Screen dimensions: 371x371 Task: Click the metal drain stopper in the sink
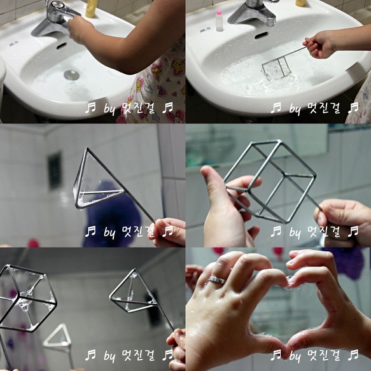click(71, 74)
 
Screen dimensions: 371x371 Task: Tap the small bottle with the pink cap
click(220, 20)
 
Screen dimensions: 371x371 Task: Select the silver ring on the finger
click(217, 279)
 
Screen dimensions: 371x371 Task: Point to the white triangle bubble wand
click(57, 336)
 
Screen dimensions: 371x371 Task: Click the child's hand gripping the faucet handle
click(80, 30)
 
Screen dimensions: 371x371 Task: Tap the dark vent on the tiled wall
click(55, 171)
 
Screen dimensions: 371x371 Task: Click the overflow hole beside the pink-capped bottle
click(261, 36)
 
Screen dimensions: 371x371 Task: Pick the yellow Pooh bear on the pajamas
click(178, 67)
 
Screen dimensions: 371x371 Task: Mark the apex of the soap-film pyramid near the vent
click(87, 148)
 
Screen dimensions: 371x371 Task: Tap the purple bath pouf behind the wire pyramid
click(111, 214)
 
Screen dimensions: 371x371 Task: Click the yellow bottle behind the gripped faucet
click(92, 8)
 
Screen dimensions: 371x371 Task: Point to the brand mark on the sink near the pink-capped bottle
click(204, 30)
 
